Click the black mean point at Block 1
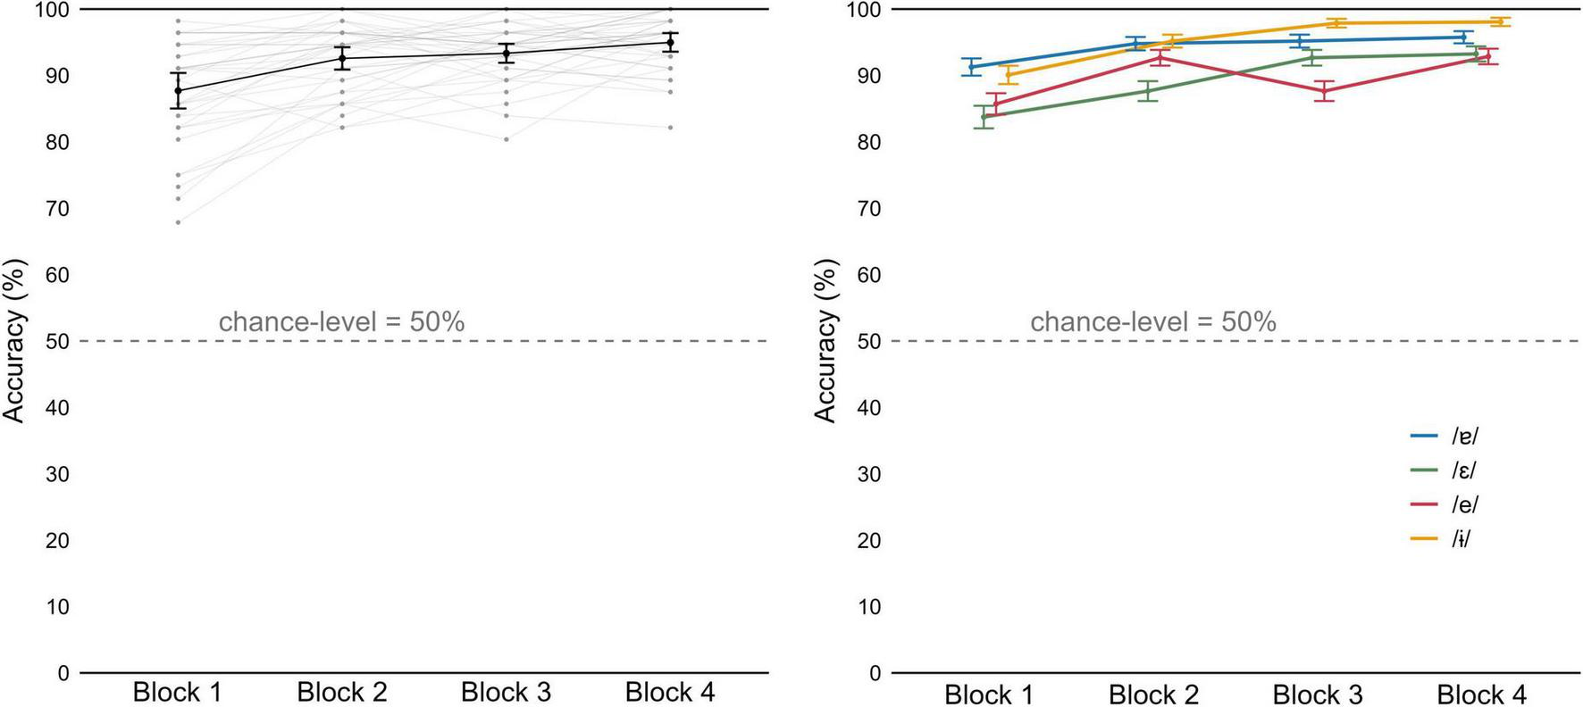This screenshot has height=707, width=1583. pyautogui.click(x=178, y=90)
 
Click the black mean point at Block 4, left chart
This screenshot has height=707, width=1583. pyautogui.click(x=670, y=42)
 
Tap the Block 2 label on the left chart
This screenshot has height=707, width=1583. pyautogui.click(x=342, y=692)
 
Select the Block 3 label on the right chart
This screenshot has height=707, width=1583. pyautogui.click(x=1318, y=695)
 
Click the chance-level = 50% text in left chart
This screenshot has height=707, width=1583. pyautogui.click(x=341, y=321)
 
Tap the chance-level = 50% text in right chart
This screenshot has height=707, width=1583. pyautogui.click(x=1152, y=321)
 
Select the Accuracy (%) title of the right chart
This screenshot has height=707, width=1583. pyautogui.click(x=825, y=340)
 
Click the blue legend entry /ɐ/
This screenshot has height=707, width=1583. pyautogui.click(x=1464, y=436)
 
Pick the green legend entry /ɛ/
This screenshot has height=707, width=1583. pyautogui.click(x=1464, y=470)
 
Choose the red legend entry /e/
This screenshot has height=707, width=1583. pyautogui.click(x=1464, y=504)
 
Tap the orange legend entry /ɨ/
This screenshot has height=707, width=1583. pyautogui.click(x=1461, y=538)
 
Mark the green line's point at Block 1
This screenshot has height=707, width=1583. pyautogui.click(x=984, y=117)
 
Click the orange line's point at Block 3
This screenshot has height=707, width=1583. pyautogui.click(x=1336, y=23)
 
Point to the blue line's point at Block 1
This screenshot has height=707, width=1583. pyautogui.click(x=972, y=67)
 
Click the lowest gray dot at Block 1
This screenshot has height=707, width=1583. pyautogui.click(x=178, y=222)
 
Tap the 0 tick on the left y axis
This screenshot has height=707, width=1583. pyautogui.click(x=63, y=673)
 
